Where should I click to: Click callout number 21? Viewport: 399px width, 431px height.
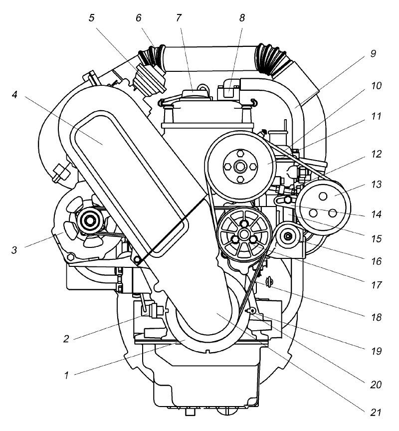pyautogui.click(x=376, y=413)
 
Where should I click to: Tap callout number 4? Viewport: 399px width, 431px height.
pyautogui.click(x=14, y=95)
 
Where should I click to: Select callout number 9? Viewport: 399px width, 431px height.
pyautogui.click(x=373, y=53)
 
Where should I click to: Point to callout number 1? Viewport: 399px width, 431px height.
pyautogui.click(x=66, y=375)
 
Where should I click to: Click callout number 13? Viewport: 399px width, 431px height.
pyautogui.click(x=376, y=184)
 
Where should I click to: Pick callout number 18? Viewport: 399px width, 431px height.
pyautogui.click(x=376, y=317)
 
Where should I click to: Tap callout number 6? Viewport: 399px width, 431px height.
pyautogui.click(x=139, y=18)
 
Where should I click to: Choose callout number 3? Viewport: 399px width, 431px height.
pyautogui.click(x=14, y=250)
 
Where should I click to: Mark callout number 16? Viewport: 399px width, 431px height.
pyautogui.click(x=376, y=261)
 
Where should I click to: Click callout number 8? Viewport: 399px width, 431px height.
pyautogui.click(x=241, y=18)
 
